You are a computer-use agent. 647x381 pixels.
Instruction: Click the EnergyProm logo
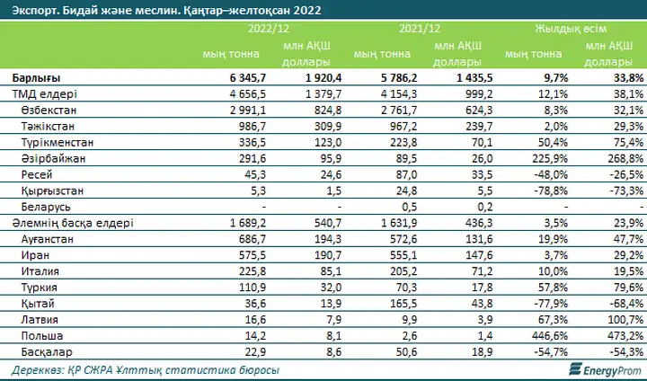point(606,369)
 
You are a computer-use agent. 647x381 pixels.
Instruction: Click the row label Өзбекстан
point(49,111)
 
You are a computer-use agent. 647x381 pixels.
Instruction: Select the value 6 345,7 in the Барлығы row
point(248,78)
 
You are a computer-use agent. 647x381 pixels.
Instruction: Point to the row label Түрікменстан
point(58,142)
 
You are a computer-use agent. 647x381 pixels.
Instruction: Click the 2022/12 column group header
point(269,29)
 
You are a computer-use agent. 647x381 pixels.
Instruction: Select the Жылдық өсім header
point(571,29)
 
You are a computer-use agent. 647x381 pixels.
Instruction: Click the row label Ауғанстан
point(47,239)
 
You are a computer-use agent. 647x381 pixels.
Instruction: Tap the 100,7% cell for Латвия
point(625,320)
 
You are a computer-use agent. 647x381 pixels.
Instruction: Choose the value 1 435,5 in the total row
point(474,78)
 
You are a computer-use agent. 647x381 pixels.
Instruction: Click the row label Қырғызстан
point(52,190)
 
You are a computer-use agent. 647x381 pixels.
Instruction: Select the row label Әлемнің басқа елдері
point(73,223)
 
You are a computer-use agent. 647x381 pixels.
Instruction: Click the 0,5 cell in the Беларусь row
point(410,207)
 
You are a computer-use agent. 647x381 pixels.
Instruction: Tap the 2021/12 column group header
point(420,29)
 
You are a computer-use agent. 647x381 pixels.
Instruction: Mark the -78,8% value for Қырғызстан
point(550,190)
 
